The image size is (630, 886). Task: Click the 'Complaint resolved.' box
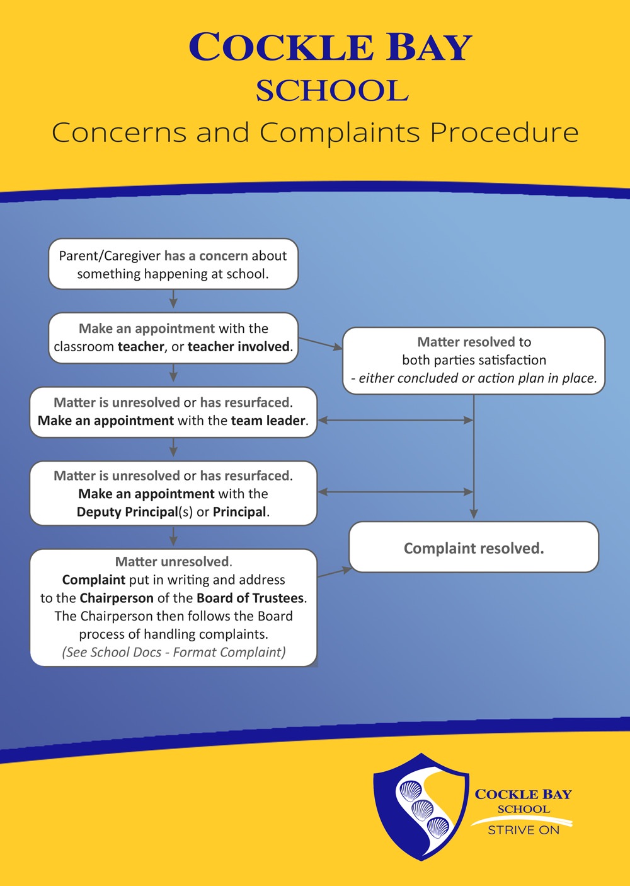click(474, 547)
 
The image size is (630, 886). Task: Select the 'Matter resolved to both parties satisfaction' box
click(474, 360)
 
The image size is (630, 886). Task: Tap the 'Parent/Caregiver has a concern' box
click(173, 264)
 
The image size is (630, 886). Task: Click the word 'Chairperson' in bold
click(117, 598)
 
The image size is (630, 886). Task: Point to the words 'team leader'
click(268, 421)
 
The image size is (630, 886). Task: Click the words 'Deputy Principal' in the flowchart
click(127, 512)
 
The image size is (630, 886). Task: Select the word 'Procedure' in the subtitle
click(505, 132)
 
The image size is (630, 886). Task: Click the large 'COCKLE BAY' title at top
click(330, 47)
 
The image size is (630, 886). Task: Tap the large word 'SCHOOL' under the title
click(332, 91)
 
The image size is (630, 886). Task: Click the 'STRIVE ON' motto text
click(524, 830)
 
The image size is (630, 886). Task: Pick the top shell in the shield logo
click(411, 791)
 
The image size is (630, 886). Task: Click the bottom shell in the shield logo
click(438, 827)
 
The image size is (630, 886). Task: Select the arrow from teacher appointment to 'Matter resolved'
click(321, 344)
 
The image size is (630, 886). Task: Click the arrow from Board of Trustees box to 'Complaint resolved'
click(335, 573)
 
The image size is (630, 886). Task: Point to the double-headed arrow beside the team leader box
click(396, 420)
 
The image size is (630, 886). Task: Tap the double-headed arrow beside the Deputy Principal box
click(396, 492)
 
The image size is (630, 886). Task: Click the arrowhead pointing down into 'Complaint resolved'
click(474, 514)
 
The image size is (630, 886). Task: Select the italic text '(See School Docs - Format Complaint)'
click(173, 652)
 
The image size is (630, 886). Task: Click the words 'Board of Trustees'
click(250, 598)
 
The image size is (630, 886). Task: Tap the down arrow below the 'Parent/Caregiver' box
click(173, 299)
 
